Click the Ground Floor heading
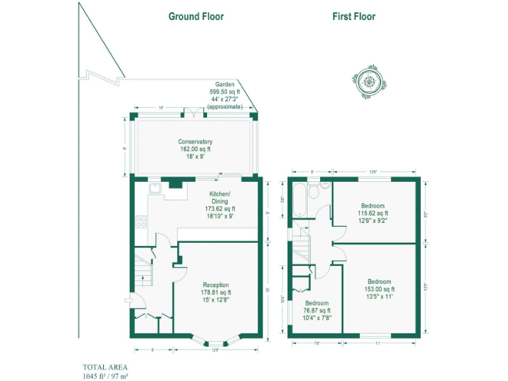[x=196, y=17]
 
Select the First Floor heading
[x=353, y=17]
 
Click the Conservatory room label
[x=195, y=142]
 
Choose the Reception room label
[x=216, y=284]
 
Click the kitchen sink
[x=156, y=189]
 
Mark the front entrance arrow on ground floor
[x=128, y=302]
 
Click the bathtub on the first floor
[x=298, y=200]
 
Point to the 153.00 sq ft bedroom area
[x=379, y=289]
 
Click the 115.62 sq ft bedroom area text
[x=373, y=213]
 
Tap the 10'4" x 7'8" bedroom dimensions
[x=317, y=317]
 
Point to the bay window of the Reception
[x=216, y=341]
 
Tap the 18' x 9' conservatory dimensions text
[x=195, y=157]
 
